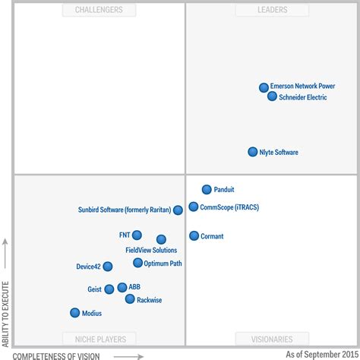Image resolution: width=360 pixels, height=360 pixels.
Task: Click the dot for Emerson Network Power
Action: tap(264, 87)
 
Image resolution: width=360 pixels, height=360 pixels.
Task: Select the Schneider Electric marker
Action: tap(272, 96)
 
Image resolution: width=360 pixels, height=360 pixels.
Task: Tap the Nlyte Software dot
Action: tap(253, 152)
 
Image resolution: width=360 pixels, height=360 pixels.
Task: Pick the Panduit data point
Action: tap(207, 190)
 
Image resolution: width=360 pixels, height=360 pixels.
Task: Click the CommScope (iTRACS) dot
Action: tap(194, 207)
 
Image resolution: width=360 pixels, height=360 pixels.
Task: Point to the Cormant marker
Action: tap(194, 236)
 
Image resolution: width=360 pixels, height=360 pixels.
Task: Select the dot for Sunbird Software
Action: tap(178, 210)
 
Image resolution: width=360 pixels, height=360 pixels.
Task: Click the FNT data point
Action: tap(137, 235)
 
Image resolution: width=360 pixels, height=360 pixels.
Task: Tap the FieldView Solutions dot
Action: tap(161, 239)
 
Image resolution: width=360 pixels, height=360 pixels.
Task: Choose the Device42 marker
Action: tap(108, 267)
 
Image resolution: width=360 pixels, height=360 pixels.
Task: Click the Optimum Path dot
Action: tap(137, 263)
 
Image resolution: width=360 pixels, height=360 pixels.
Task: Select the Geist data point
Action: tap(109, 289)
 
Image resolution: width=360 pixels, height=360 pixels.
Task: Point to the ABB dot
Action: tap(122, 287)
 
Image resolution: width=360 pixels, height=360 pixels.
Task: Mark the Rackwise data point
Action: tap(130, 299)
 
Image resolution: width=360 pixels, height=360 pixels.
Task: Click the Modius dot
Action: tap(74, 313)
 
